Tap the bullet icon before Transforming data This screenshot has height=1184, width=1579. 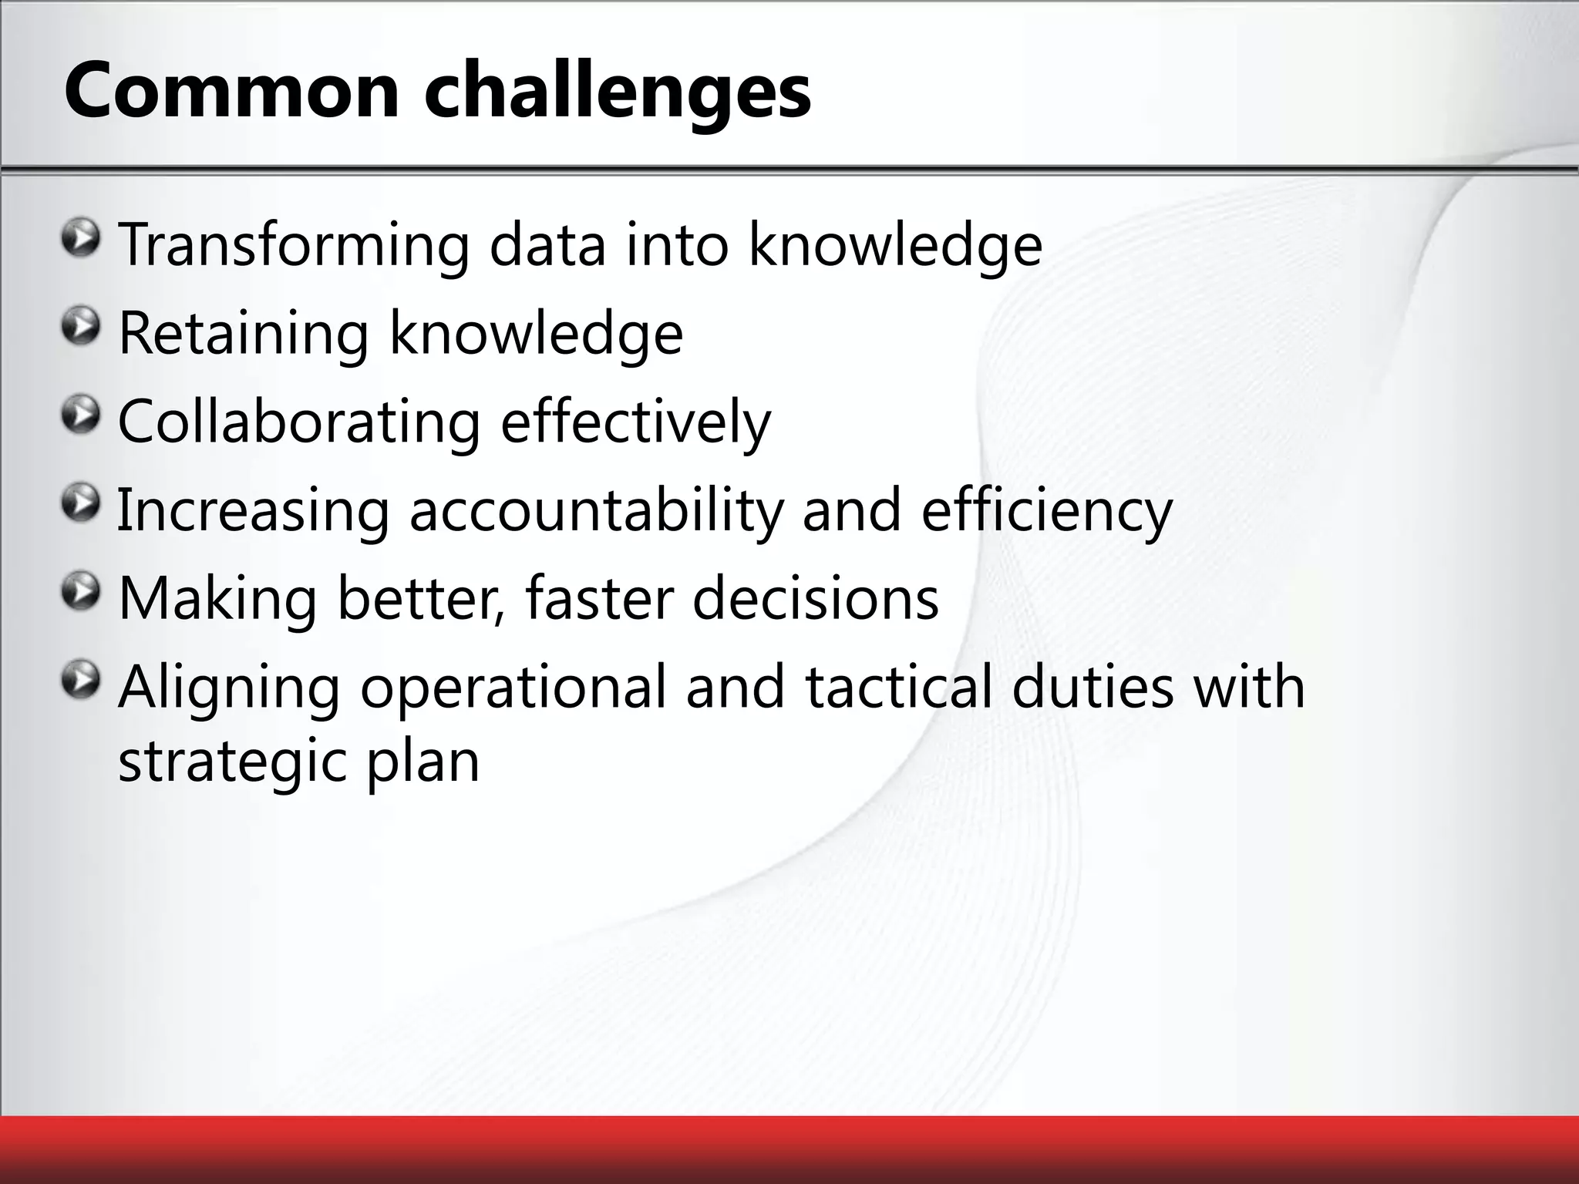81,238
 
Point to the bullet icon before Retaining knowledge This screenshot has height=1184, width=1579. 81,327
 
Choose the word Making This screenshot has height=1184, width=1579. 217,600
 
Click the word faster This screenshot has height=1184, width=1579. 599,600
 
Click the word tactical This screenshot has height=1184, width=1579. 898,688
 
